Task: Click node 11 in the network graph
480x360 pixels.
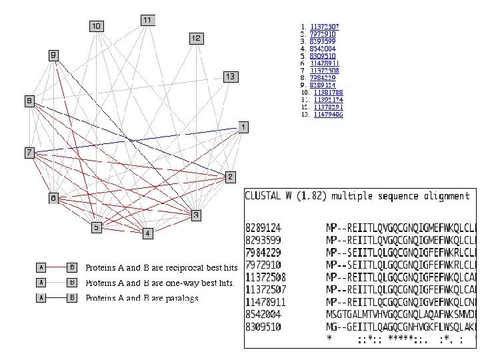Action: [148, 21]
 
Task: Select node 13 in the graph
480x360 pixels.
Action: [229, 77]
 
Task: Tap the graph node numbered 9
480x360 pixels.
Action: [53, 55]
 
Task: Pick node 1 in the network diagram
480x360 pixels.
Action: [243, 127]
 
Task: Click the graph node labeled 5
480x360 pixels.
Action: [97, 227]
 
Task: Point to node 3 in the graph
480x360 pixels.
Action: [195, 215]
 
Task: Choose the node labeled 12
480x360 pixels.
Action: [195, 39]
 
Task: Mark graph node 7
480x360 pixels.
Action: [29, 153]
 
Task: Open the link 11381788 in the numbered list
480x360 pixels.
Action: [328, 92]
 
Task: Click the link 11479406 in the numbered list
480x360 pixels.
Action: [328, 115]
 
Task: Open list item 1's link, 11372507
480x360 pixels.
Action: [325, 27]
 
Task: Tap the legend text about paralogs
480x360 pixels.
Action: [143, 298]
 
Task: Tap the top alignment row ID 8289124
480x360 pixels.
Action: [265, 225]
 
